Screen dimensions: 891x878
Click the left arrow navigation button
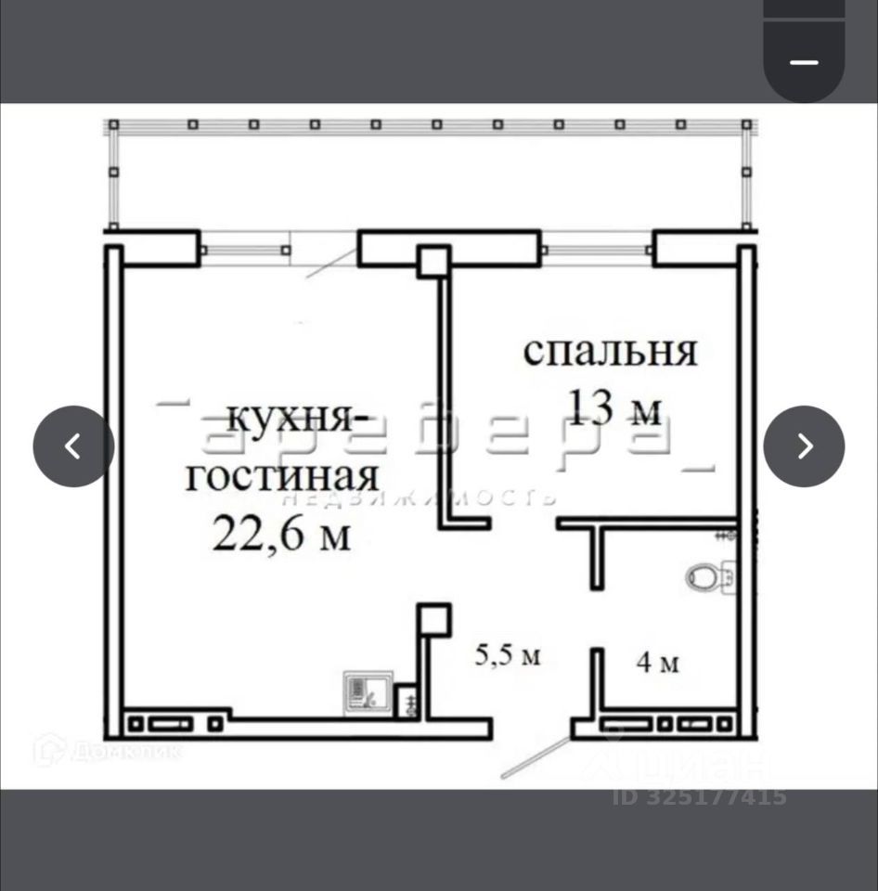pos(73,446)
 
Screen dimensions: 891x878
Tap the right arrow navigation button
pos(804,446)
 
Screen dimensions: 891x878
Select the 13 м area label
pos(615,408)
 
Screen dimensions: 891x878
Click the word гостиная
pos(282,476)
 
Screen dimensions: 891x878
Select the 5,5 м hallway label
pos(508,656)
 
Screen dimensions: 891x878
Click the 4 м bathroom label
pos(658,663)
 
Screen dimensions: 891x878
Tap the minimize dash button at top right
pos(804,62)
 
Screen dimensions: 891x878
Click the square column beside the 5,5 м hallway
pos(433,620)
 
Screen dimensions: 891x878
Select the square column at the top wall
pos(433,261)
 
